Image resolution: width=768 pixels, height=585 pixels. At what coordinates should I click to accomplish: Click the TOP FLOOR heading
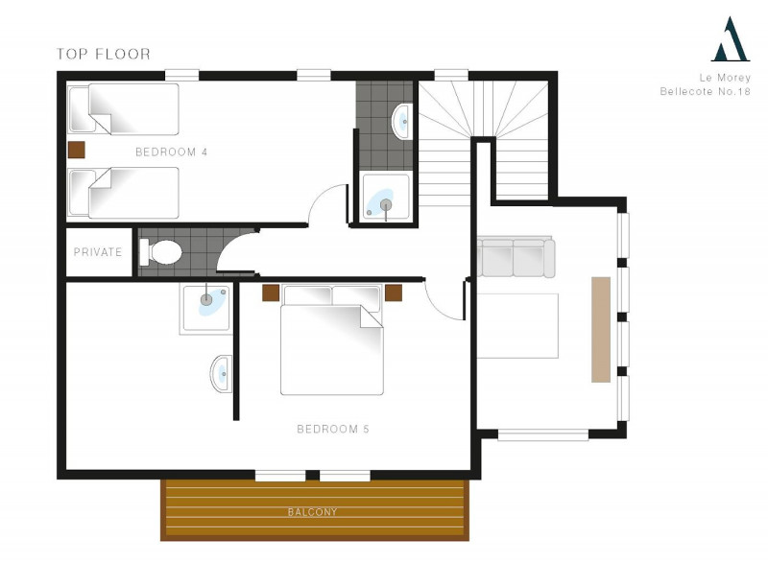pos(104,54)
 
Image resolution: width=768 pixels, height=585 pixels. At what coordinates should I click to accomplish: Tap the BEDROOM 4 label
pos(172,152)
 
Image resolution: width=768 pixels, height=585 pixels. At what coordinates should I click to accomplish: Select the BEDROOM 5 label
pos(333,429)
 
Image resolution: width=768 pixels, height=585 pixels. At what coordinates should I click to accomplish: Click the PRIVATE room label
pos(98,252)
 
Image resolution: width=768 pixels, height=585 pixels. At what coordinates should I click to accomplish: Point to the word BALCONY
pos(313,512)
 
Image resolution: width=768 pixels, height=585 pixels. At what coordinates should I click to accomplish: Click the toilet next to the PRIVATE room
pos(160,252)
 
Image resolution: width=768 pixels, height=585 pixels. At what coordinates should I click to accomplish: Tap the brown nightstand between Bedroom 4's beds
pos(77,151)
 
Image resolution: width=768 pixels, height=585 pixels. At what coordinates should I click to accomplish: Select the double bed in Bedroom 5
pos(331,339)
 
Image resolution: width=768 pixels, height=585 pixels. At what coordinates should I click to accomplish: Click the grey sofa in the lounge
pos(516,257)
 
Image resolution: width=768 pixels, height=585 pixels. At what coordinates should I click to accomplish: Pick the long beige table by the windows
pos(601,329)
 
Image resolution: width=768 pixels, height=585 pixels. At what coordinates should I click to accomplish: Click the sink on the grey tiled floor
pos(401,121)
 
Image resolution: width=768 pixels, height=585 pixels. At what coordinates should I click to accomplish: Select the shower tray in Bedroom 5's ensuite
pos(206,309)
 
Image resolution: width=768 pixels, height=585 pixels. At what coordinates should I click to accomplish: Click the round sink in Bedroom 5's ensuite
pos(222,374)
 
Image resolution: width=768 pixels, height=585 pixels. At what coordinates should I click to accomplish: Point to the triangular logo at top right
pos(731,39)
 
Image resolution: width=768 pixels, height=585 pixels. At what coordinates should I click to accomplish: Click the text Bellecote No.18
pos(705,91)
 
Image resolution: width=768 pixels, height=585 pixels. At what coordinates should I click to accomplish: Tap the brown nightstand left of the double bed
pos(271,293)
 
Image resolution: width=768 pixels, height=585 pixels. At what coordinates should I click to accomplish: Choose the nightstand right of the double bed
pos(394,293)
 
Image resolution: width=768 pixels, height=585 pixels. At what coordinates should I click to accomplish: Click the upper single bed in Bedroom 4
pos(124,109)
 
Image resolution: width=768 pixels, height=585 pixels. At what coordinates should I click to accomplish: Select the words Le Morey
pos(725,78)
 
